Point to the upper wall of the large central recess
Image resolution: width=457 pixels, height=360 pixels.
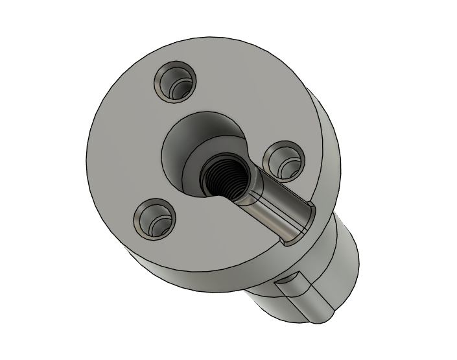204,130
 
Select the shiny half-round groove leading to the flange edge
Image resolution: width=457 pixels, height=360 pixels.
275,208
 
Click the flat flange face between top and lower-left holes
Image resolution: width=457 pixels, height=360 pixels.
130,149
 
